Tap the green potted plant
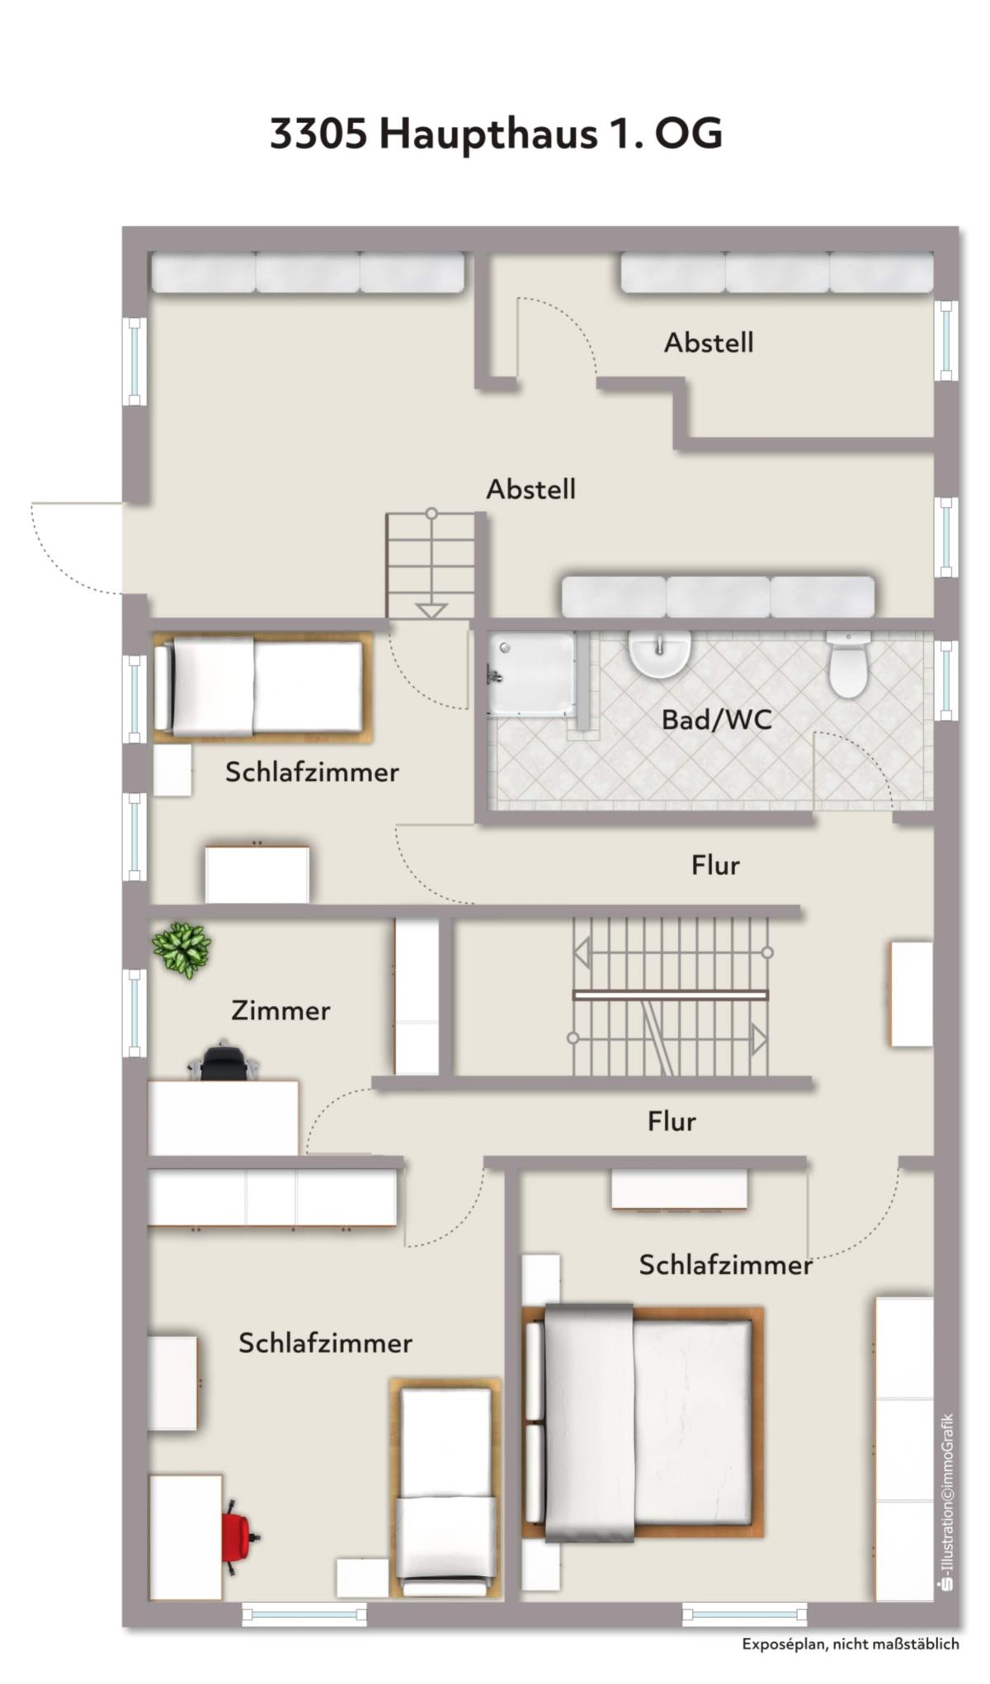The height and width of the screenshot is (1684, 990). (x=181, y=949)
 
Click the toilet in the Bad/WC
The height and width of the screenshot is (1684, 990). (x=848, y=665)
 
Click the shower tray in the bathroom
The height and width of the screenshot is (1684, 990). (x=531, y=674)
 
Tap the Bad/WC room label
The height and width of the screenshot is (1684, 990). (x=717, y=720)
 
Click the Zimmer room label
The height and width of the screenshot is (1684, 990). (x=280, y=1010)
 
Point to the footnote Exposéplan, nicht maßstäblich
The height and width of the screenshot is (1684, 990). (x=851, y=1644)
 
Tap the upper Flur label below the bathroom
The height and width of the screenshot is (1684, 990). (x=715, y=865)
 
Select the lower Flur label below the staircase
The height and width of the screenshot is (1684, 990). (x=672, y=1121)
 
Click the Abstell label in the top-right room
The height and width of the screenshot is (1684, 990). (x=709, y=343)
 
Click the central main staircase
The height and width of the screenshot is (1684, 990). (x=670, y=996)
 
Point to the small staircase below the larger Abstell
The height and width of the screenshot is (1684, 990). (x=431, y=565)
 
